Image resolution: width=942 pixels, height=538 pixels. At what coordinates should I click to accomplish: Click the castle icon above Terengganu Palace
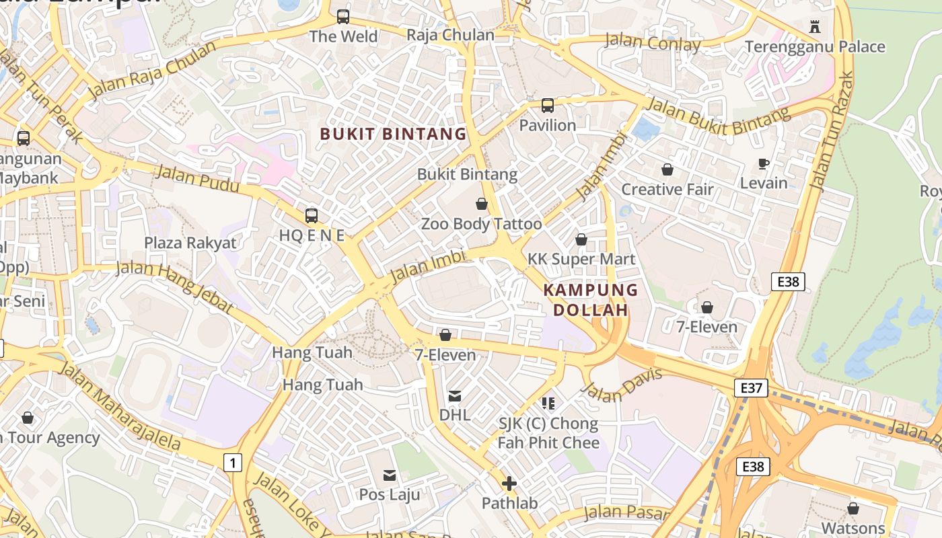815,26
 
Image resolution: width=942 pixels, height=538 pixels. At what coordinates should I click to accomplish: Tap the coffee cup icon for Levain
764,163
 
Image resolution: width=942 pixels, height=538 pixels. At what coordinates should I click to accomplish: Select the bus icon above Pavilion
548,106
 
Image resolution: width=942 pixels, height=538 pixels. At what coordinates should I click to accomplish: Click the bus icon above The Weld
343,16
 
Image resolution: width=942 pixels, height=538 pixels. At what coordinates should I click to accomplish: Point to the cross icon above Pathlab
509,484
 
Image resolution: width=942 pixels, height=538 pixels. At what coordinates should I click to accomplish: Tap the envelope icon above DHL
455,396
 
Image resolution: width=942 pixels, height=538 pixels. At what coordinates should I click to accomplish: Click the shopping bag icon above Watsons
853,508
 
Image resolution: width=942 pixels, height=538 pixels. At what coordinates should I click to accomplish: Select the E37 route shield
752,387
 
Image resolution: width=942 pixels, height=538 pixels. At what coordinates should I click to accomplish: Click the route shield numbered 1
233,463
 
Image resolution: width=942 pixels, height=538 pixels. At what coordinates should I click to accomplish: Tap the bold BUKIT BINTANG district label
393,134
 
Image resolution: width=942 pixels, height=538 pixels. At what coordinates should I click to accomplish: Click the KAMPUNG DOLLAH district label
590,300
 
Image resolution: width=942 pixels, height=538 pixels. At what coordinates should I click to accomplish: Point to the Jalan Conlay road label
653,42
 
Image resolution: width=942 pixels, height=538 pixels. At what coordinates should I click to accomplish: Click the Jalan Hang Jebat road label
174,287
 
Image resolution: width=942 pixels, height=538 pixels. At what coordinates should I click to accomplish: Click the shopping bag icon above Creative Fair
667,169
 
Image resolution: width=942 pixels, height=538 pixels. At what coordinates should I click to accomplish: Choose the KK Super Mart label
581,259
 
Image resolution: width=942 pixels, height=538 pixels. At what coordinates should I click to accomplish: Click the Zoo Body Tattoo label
481,224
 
